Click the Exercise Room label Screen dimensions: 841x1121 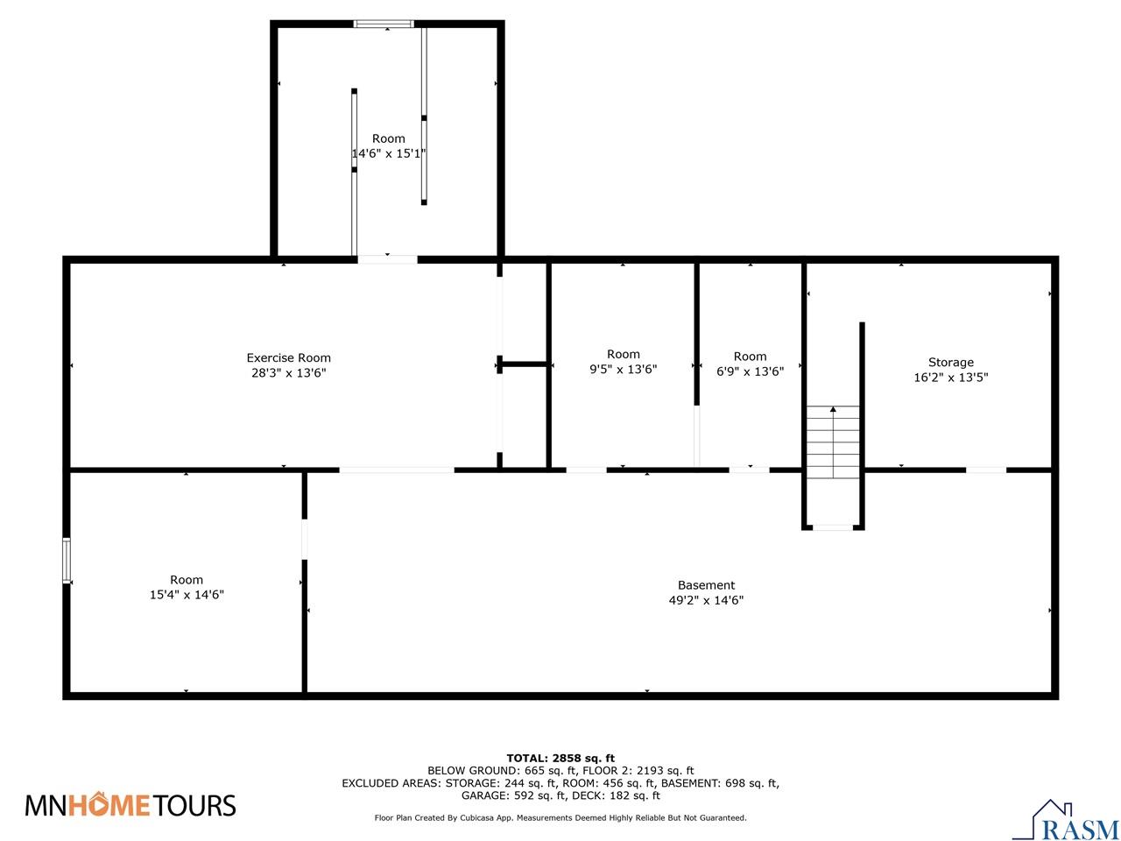[x=288, y=357]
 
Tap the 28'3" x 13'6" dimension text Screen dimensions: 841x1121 [x=288, y=373]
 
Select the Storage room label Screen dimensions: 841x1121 [x=950, y=362]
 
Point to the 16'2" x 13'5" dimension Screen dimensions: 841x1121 [x=950, y=378]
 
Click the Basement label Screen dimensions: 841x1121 [x=706, y=585]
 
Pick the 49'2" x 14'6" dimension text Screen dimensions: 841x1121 [x=706, y=601]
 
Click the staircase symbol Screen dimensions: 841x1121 [x=833, y=442]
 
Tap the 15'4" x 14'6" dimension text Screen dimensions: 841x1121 [x=186, y=595]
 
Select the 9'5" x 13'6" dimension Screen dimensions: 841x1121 [x=623, y=370]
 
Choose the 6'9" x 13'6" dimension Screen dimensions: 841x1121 [x=750, y=371]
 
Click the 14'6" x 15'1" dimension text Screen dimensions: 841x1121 [x=388, y=153]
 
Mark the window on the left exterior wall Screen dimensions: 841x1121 [x=67, y=561]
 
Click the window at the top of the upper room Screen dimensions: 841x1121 [x=384, y=25]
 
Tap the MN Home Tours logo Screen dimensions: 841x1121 [x=130, y=804]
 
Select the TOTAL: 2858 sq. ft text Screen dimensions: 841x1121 [x=560, y=758]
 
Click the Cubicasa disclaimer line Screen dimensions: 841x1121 [x=560, y=817]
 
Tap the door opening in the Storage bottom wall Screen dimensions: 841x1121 [x=986, y=470]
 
